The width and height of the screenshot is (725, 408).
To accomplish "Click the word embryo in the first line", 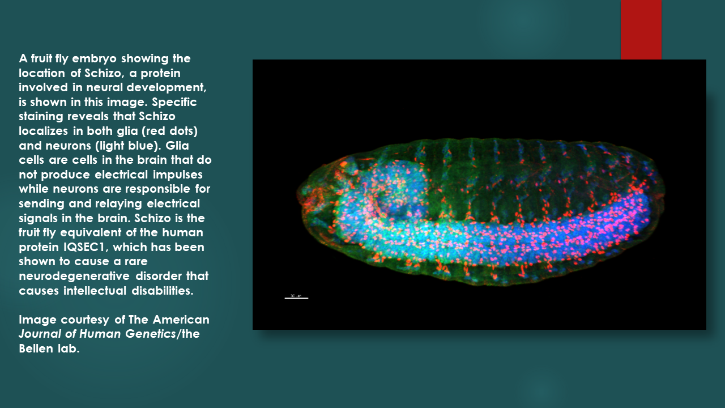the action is click(x=94, y=59).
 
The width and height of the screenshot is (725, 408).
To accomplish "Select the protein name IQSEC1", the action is click(x=86, y=247).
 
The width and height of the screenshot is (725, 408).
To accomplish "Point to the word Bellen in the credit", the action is click(x=36, y=348).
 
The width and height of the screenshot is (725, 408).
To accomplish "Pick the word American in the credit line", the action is click(x=181, y=320).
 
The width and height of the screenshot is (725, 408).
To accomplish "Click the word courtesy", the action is click(x=85, y=320).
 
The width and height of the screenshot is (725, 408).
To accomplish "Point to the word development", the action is click(x=167, y=88).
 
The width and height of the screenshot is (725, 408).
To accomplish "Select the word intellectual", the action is click(x=95, y=291).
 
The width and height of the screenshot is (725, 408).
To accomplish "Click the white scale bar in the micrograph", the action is click(x=296, y=298).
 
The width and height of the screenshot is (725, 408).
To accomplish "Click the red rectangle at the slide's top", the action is click(x=641, y=29).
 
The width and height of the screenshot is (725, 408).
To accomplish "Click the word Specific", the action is click(x=174, y=103).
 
